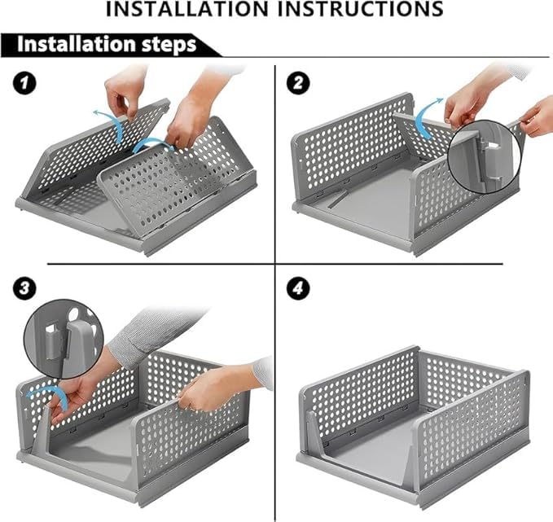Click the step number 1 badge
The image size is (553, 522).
click(24, 83)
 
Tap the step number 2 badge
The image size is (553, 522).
click(298, 83)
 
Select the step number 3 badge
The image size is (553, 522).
click(24, 288)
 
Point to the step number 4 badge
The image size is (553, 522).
click(298, 288)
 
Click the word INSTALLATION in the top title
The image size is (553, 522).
click(187, 9)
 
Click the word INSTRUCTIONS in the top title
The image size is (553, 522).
click(361, 9)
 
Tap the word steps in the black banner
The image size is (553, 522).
click(169, 45)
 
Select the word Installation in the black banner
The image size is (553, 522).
click(77, 44)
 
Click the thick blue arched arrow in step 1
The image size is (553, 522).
click(152, 142)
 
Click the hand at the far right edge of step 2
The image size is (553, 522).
click(538, 116)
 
